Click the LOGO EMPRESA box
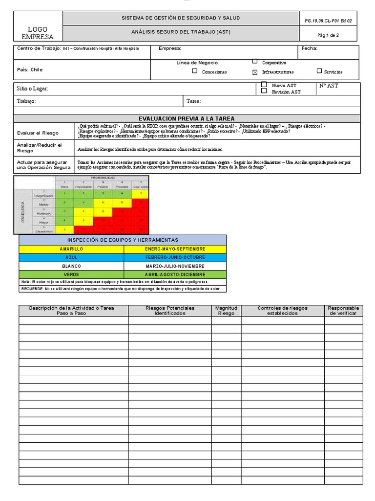pos(38,33)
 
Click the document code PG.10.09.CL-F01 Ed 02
pos(328,21)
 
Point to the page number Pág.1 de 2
pos(328,35)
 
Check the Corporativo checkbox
pos(255,62)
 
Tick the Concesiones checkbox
pos(195,71)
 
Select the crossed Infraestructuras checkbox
pos(254,72)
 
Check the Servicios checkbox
pos(319,71)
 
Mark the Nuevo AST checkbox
pos(264,85)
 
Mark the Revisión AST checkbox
pos(264,91)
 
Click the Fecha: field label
pos(309,48)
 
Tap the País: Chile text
pos(30,69)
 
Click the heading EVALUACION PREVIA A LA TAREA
pos(187,118)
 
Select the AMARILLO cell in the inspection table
pos(71,249)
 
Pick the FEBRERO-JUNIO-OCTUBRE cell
pos(175,257)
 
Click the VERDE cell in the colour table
pos(71,274)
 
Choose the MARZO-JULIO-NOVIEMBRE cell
pos(175,266)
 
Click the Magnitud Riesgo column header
pos(226,311)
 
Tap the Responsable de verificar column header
pos(343,311)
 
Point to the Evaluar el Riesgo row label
pos(38,133)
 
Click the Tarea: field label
pos(194,101)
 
